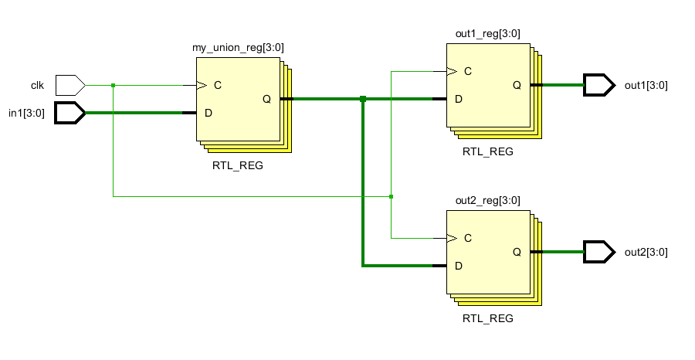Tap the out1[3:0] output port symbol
[598, 84]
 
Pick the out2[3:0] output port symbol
[598, 252]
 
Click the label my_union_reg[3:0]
[238, 48]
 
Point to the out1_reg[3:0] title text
[488, 34]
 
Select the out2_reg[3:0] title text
[488, 201]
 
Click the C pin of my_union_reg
[218, 85]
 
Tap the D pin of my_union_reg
[208, 113]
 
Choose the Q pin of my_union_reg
[266, 99]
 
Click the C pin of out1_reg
[468, 71]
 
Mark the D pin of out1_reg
[459, 99]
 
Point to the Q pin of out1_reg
[517, 85]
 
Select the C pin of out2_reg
[468, 238]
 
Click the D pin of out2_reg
[459, 266]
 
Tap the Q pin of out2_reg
[517, 252]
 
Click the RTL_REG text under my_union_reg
[238, 165]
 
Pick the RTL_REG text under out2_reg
[488, 318]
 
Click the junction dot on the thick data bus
[363, 99]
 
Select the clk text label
[37, 85]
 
